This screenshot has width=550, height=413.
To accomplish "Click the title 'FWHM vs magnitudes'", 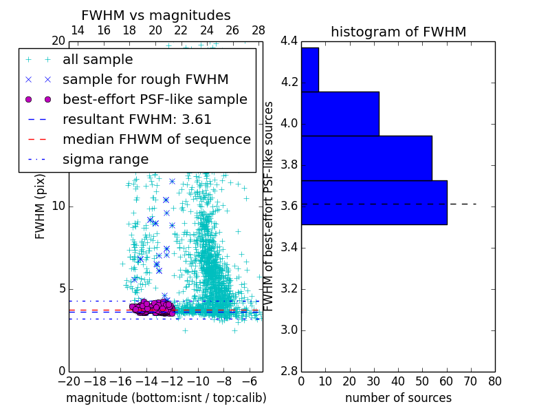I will coord(156,15).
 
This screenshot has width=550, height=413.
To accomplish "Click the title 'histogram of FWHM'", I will coord(398,32).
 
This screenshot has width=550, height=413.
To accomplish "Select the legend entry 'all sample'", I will coord(98,60).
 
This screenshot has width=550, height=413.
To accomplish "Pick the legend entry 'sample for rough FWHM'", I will coord(145,79).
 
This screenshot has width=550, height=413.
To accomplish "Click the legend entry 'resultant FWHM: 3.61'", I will coord(137,119).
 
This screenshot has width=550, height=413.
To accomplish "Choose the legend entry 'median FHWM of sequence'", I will coord(156,139).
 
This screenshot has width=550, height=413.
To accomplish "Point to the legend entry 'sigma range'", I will coord(105,159).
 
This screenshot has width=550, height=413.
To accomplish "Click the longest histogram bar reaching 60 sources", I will coord(374,202).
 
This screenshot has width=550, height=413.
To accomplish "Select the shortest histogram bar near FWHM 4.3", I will coord(309,70).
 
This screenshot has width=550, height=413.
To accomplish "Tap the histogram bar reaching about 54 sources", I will coord(366,158).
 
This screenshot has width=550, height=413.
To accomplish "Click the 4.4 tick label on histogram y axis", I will coord(289,41).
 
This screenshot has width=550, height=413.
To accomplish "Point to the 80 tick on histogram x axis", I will coord(494,381).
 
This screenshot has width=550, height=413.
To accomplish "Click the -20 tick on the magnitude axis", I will coord(69,381).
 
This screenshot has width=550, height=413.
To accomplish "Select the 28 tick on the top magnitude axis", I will coord(258,31).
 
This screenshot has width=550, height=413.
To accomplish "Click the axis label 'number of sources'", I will coord(398,398).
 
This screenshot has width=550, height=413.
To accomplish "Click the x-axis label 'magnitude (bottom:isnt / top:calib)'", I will coord(166,398).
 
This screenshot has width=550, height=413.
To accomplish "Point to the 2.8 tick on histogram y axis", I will coord(289,372).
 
